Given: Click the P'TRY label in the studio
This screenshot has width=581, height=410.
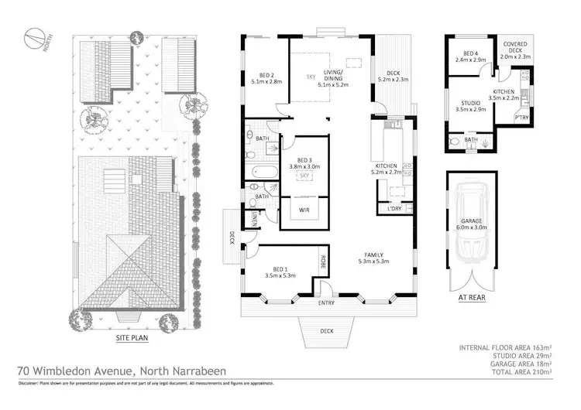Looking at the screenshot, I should point(522,118).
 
